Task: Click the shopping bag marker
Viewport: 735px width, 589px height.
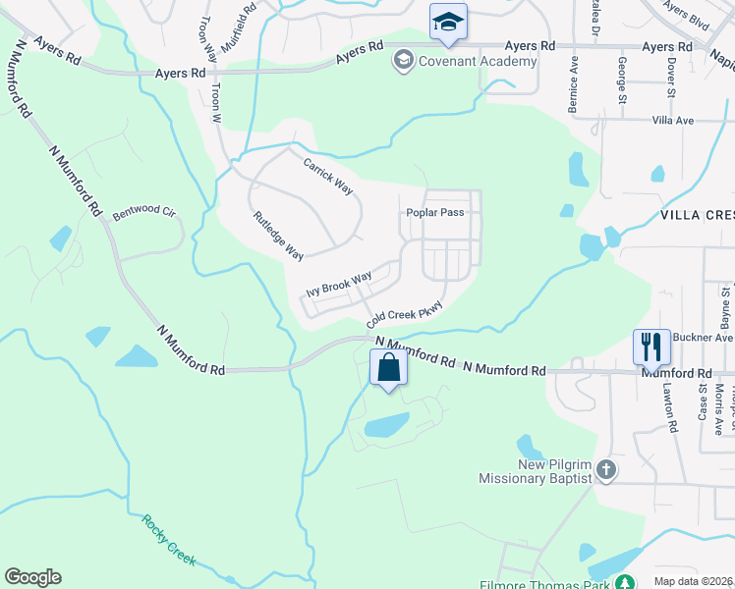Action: point(389,369)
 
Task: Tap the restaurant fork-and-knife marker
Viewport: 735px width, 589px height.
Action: point(651,347)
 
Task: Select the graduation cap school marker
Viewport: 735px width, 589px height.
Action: point(448,23)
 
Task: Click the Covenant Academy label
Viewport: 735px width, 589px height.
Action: point(478,62)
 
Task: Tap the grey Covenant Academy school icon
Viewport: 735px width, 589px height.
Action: point(402,62)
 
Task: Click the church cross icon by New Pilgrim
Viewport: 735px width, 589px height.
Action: point(606,470)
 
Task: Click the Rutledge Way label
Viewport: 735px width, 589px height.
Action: point(278,236)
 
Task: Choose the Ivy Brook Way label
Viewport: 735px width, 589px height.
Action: point(338,285)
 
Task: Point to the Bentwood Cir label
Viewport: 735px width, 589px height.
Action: point(142,212)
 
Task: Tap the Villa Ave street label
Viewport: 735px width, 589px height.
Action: point(673,121)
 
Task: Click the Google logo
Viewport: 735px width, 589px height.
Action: point(32,577)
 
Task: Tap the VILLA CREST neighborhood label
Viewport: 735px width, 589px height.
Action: point(697,214)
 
